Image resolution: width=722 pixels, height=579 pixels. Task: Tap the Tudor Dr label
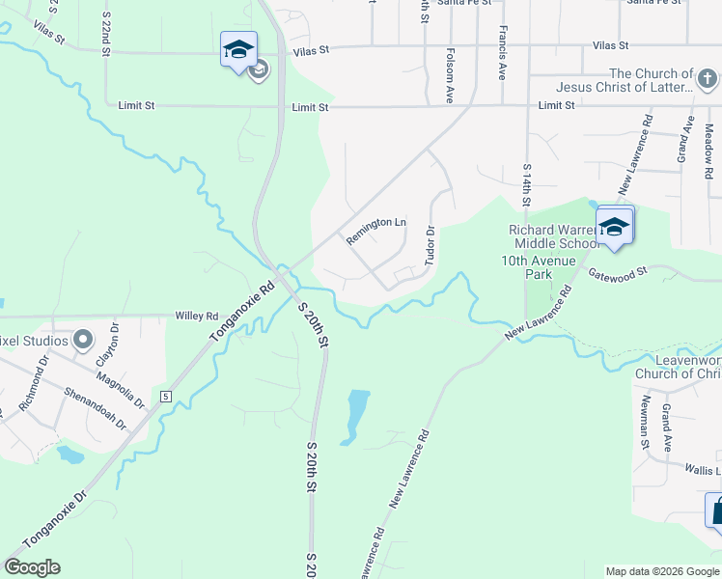click(x=431, y=244)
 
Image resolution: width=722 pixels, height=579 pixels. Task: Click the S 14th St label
click(x=527, y=185)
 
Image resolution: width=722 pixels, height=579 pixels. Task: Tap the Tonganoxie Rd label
click(x=242, y=313)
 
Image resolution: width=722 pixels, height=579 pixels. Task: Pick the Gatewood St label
click(x=618, y=274)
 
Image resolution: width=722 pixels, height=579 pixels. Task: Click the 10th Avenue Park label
click(x=538, y=267)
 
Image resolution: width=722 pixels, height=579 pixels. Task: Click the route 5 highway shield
click(x=166, y=397)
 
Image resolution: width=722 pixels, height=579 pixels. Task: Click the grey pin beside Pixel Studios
click(x=83, y=340)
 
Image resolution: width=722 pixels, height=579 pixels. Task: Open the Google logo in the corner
click(x=32, y=567)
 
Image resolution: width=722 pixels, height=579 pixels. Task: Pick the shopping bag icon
click(x=716, y=510)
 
